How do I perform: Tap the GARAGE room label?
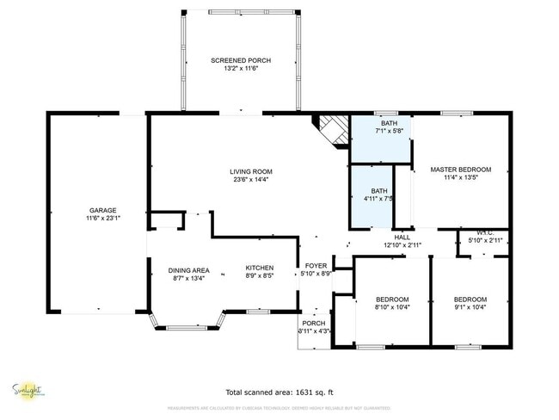(x=102, y=210)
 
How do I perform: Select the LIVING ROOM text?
(x=250, y=171)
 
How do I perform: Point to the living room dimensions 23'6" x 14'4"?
(x=250, y=179)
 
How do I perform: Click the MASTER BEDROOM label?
(x=460, y=170)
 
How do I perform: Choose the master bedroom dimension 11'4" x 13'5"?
(x=460, y=178)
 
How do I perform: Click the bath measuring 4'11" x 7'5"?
(x=378, y=195)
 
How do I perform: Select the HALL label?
(x=402, y=238)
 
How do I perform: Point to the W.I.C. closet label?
(x=483, y=234)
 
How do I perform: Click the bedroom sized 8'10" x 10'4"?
(x=392, y=303)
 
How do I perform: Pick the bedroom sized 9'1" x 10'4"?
(x=470, y=303)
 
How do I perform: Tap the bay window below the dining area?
(x=187, y=324)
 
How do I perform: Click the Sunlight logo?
(x=28, y=390)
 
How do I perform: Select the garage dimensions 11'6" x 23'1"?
(x=102, y=219)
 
